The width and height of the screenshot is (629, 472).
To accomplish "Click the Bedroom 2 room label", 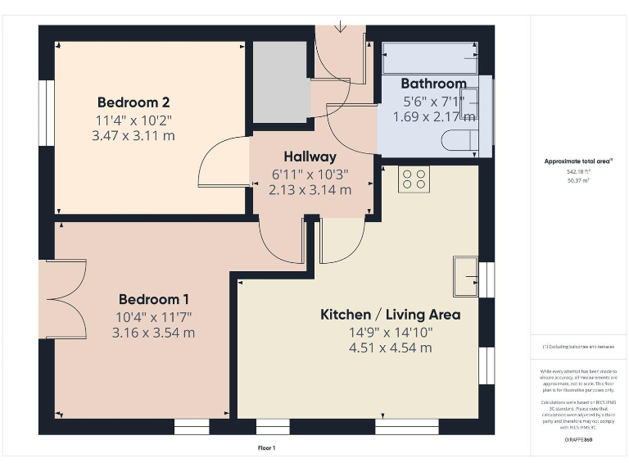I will click(x=133, y=102).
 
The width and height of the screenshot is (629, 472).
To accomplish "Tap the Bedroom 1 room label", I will click(x=154, y=299).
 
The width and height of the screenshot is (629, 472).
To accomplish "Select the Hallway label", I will click(x=310, y=157).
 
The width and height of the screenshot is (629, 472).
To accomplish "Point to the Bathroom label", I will click(x=433, y=84).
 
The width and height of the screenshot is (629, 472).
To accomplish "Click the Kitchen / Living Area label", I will click(x=390, y=315).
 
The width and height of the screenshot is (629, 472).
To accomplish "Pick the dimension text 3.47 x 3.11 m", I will click(x=133, y=135).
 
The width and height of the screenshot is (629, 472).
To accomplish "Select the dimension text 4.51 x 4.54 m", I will click(x=390, y=347).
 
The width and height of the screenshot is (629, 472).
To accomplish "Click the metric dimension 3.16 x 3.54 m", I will click(x=154, y=333).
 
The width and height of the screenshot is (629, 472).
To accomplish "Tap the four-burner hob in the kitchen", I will click(x=414, y=179).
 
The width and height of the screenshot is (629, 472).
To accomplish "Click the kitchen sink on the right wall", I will click(x=466, y=275).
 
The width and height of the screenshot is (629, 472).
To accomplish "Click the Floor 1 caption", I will click(x=267, y=447).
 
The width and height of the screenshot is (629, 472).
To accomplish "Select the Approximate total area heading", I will click(x=579, y=161).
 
